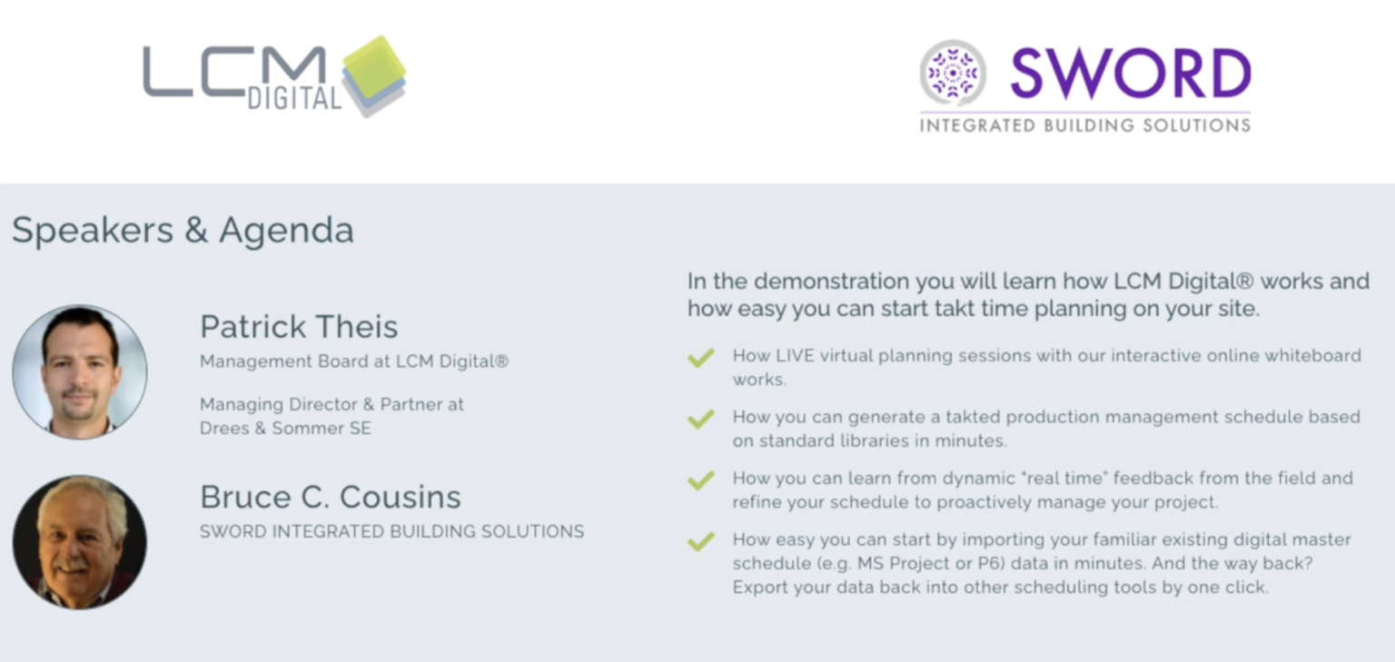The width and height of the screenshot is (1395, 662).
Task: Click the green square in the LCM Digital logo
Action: click(374, 67)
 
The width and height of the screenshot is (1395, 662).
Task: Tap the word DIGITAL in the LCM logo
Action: click(294, 98)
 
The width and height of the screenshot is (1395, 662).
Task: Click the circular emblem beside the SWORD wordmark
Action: click(952, 74)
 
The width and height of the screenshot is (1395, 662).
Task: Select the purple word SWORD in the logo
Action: click(1131, 74)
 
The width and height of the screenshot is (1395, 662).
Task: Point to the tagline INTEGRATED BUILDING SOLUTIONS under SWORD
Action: click(1085, 126)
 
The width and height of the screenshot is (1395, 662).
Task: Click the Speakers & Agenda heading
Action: click(183, 231)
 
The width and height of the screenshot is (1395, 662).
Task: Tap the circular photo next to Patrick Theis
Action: click(80, 371)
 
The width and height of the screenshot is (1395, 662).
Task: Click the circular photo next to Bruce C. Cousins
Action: click(80, 542)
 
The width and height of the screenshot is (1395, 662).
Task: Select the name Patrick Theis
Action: click(299, 326)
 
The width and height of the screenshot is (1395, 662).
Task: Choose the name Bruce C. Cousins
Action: click(331, 497)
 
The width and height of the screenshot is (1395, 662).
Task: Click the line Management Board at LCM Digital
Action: click(354, 361)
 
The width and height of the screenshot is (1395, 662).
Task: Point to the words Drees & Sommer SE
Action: click(285, 429)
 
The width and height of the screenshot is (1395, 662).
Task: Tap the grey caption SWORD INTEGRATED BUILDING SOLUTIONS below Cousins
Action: click(392, 531)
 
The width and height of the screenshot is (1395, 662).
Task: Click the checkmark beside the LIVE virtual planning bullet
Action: click(701, 358)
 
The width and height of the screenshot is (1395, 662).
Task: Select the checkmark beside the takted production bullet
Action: click(701, 419)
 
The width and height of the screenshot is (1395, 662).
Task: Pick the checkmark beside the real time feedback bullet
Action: click(701, 480)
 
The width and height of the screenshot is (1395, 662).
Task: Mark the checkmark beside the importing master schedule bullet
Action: click(701, 541)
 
